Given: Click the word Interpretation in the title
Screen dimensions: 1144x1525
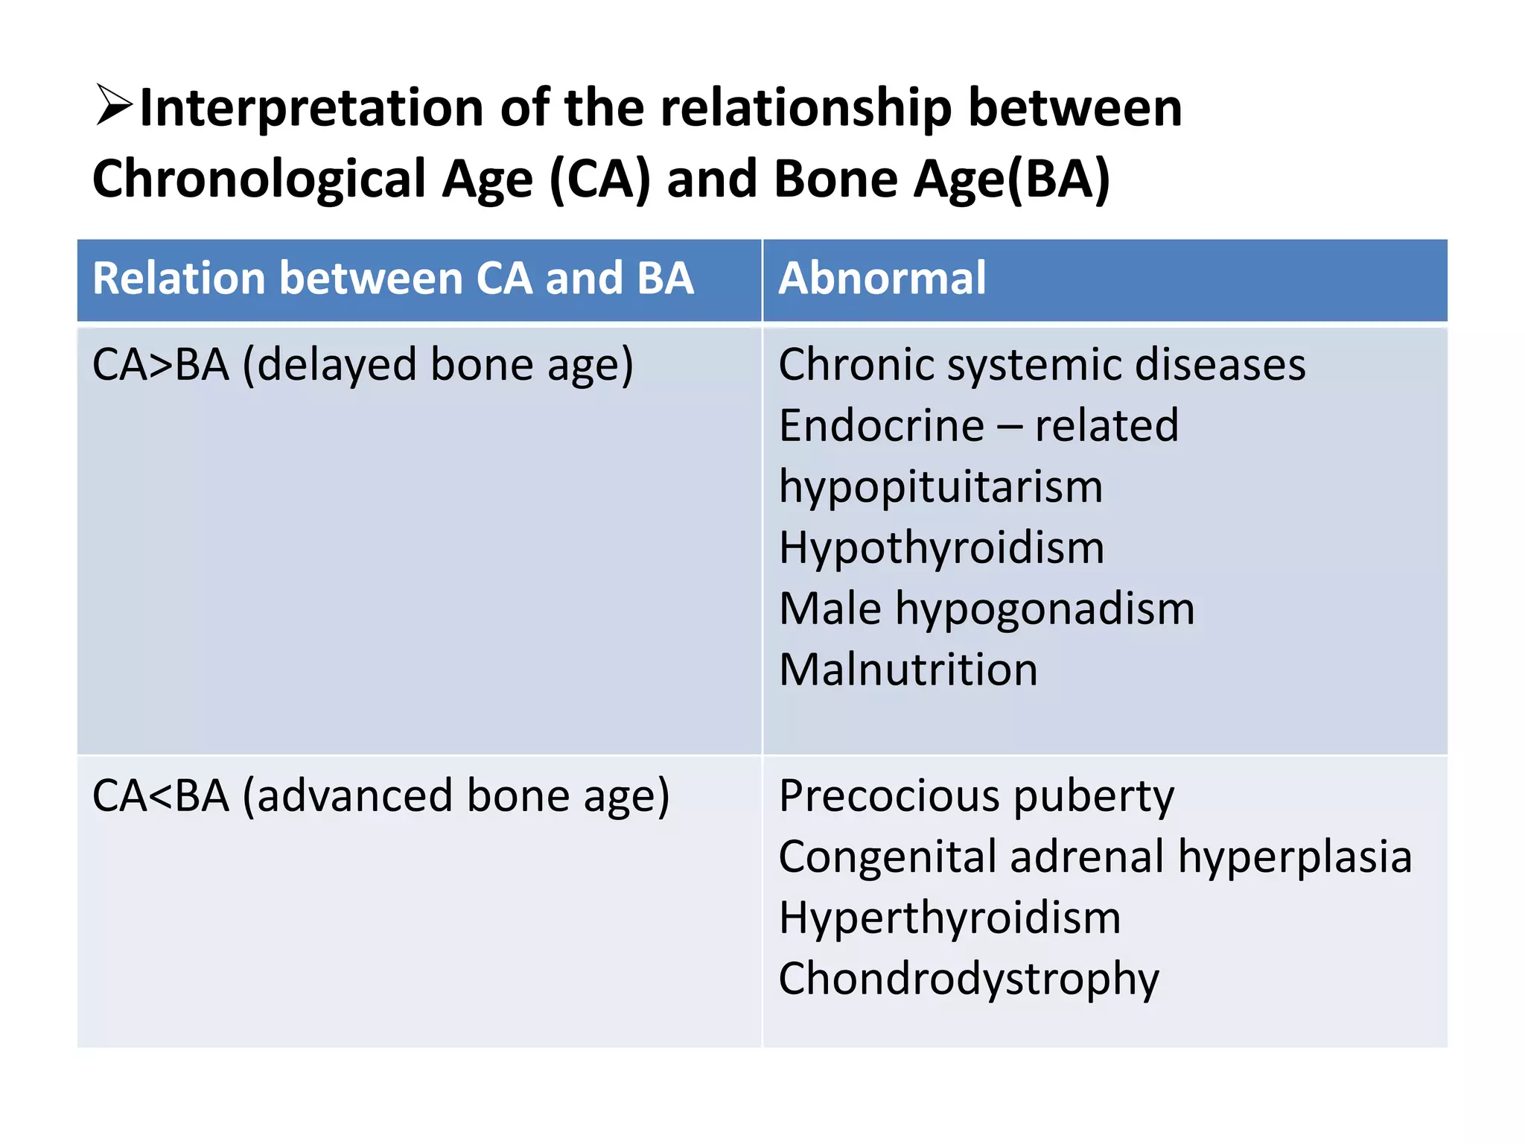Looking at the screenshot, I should pos(311,108).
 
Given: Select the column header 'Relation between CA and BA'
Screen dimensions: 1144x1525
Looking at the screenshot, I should pos(392,279).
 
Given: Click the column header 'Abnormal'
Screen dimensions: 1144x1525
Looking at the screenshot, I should pos(882,279).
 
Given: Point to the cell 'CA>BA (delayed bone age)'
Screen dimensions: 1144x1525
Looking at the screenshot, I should pos(363,365).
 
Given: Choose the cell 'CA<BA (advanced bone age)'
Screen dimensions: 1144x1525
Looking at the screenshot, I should pos(381,795).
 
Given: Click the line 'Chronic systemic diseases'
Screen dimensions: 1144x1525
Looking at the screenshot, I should pos(1042,365).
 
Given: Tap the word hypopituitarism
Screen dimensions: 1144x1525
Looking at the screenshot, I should pos(940,487).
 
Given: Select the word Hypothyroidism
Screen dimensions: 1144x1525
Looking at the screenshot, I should pos(941,548).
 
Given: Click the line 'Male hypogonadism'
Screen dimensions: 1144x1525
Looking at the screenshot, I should pos(987,609).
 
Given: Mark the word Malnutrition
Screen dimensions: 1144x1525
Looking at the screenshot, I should pos(908,670).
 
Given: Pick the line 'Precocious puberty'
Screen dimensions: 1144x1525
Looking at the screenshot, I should pos(976,796).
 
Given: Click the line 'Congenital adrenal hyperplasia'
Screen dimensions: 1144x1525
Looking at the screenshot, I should pos(1095,857).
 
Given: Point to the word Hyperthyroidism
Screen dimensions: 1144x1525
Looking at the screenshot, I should pos(949,918).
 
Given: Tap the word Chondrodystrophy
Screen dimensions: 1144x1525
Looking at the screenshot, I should pos(969,979).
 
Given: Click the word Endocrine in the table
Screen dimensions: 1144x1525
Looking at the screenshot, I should pos(881,426).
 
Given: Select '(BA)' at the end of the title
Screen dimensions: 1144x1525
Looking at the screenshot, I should pos(1058,179).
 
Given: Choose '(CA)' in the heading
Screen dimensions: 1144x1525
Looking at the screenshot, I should pos(599,179).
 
